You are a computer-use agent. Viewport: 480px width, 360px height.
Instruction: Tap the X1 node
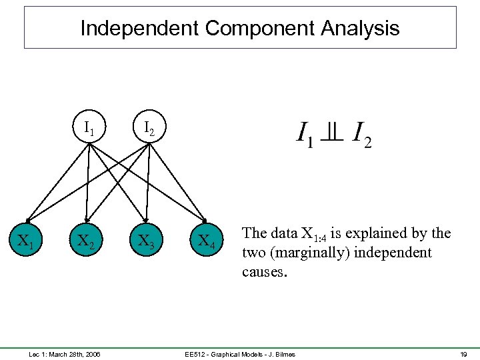coord(27,241)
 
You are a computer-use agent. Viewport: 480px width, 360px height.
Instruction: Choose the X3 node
coord(147,241)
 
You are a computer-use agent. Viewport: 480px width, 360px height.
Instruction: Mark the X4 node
coord(207,241)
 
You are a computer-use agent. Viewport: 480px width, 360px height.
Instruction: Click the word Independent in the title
coord(139,28)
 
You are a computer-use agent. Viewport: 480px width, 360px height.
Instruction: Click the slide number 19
coord(463,353)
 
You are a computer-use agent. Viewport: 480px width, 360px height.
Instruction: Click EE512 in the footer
coord(195,353)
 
